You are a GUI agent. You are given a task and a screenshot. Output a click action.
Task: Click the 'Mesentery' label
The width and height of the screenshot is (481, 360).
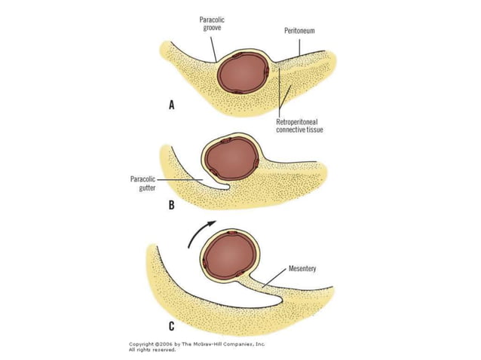coord(304,267)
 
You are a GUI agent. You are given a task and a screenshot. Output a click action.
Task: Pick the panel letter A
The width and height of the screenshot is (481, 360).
coord(172,106)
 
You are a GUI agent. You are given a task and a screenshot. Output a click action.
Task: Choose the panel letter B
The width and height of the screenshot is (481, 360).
coord(172,204)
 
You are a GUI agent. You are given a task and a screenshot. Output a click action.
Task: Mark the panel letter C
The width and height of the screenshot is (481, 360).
coord(172,326)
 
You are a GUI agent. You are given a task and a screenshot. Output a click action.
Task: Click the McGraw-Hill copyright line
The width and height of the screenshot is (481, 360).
coord(197,344)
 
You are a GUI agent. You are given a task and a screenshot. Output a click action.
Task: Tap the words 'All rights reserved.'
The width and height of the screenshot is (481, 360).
coord(152,350)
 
